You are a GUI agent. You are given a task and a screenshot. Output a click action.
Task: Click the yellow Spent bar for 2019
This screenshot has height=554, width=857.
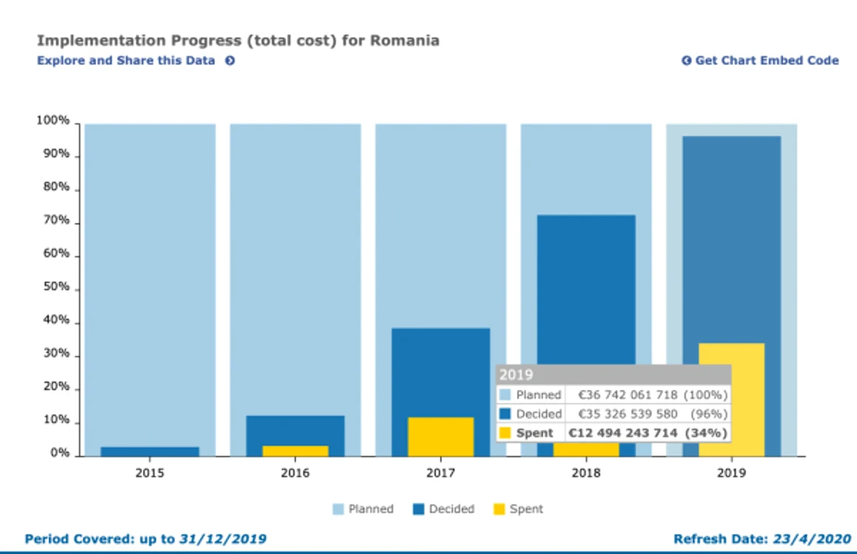click(731, 400)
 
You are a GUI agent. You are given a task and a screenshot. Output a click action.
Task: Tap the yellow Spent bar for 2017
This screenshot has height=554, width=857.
click(440, 437)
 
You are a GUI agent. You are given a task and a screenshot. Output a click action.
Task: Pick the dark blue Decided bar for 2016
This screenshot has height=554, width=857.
click(295, 431)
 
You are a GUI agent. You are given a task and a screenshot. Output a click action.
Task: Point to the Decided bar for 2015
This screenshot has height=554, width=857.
click(150, 451)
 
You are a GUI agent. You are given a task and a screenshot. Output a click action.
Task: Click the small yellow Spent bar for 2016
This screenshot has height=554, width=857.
click(295, 451)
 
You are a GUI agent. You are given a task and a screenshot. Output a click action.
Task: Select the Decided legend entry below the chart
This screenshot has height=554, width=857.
click(443, 509)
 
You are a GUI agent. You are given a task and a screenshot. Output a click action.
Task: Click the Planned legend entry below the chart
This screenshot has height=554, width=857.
click(363, 509)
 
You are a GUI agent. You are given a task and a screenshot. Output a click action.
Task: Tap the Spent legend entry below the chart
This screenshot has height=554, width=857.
click(518, 509)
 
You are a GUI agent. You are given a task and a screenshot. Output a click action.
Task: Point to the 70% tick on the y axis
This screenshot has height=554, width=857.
click(77, 224)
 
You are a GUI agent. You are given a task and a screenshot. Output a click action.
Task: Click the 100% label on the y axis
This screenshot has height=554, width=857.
click(53, 120)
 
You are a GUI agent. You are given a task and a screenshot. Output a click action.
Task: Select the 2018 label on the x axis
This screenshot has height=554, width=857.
click(586, 473)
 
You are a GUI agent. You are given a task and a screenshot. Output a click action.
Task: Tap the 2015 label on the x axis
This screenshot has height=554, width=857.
click(150, 473)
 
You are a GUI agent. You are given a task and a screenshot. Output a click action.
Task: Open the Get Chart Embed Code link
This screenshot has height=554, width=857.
click(760, 61)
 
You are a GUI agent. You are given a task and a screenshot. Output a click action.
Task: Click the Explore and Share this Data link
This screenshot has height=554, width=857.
click(136, 61)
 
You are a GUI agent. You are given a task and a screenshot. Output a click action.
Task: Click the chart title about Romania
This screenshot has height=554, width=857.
click(239, 41)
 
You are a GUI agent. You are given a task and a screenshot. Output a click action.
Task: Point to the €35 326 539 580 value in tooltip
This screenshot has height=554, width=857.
click(627, 414)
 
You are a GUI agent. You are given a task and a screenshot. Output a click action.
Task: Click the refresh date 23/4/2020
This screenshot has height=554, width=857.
click(812, 539)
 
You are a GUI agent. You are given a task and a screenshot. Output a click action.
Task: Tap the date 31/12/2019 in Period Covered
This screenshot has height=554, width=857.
click(222, 539)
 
